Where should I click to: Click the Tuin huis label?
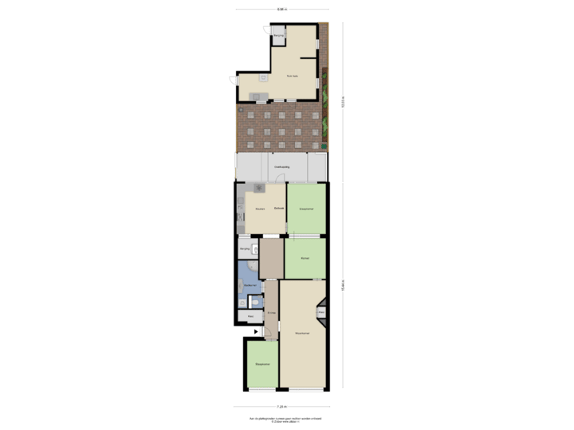click(292, 76)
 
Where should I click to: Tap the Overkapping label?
click(282, 166)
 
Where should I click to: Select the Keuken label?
click(260, 209)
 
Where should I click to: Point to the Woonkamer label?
click(301, 332)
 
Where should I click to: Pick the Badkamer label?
click(249, 283)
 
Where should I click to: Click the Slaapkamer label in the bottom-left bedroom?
click(262, 365)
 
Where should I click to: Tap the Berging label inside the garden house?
click(278, 36)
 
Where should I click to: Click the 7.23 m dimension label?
click(281, 406)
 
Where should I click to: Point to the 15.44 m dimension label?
click(343, 288)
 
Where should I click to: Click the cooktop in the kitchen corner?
click(260, 189)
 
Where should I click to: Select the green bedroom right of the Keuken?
click(306, 209)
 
